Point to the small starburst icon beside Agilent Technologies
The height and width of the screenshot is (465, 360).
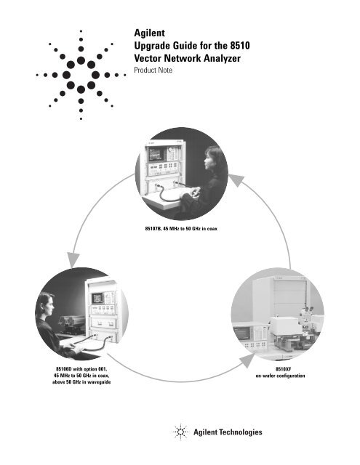179,432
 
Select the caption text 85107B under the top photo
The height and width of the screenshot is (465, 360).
158,229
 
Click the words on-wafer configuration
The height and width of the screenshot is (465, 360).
279,376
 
